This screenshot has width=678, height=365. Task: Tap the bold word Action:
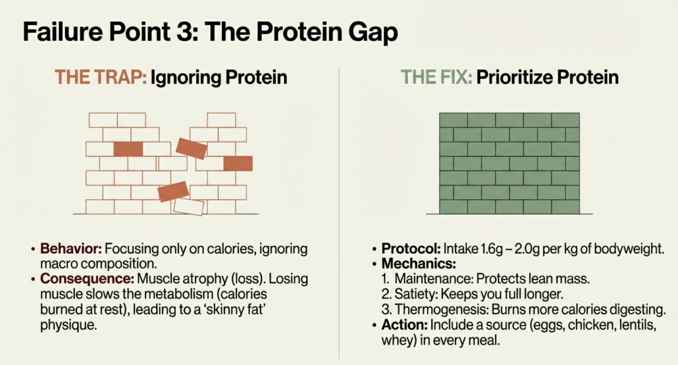click(403, 325)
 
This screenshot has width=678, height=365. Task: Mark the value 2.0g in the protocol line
click(528, 249)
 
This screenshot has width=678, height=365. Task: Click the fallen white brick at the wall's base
click(189, 206)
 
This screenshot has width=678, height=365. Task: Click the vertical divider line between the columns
click(339, 198)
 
